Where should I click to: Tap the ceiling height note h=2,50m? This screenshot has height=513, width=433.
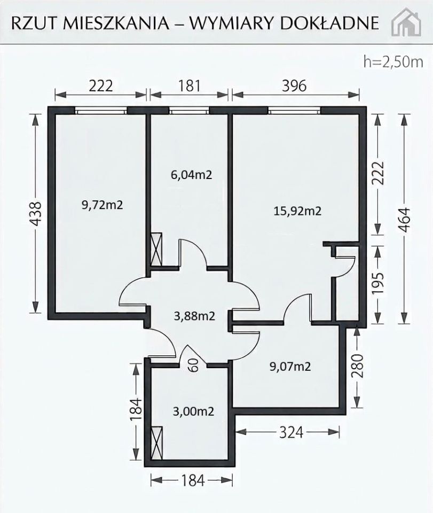coord(393,61)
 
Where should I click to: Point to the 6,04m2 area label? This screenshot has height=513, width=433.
coord(191,175)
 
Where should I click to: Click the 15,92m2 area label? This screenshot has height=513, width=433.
coord(297,211)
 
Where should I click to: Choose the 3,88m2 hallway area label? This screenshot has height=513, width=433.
coord(194,316)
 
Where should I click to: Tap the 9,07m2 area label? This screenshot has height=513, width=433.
coord(290,367)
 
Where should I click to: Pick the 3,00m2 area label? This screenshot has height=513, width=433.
coord(193,411)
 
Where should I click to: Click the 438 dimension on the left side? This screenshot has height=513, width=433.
coord(36,214)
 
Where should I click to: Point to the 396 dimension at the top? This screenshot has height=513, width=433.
coord(294,85)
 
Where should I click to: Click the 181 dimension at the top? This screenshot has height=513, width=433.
coord(189,85)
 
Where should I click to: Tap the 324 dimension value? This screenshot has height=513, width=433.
coord(291,432)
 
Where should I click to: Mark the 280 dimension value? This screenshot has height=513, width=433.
coord(358,366)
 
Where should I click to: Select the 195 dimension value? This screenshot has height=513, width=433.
coord(379,283)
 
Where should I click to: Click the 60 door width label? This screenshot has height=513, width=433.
coord(194,365)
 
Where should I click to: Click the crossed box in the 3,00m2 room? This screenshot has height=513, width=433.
coord(157,443)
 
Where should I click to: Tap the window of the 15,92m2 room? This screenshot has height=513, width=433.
coord(294,111)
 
